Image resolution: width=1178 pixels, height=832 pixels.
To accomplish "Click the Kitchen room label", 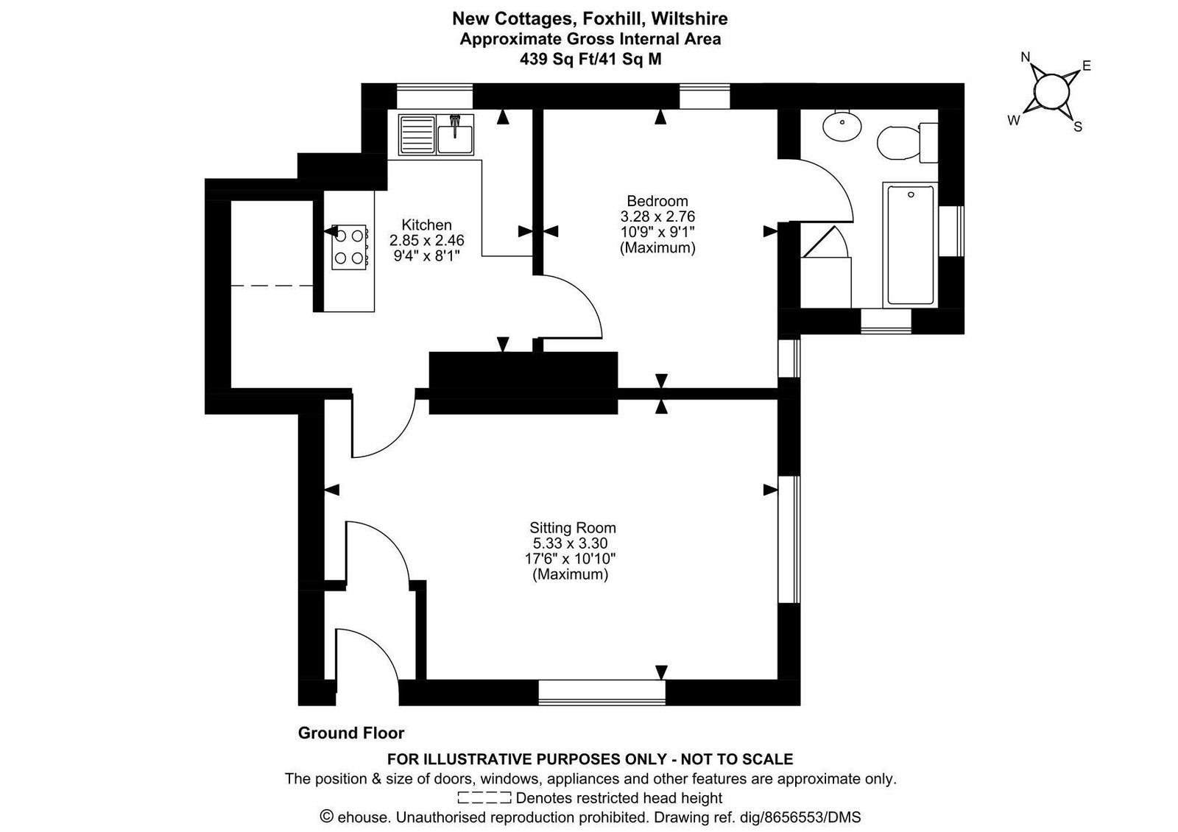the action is point(426,225).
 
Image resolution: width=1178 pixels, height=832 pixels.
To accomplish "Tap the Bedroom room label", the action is point(657,201).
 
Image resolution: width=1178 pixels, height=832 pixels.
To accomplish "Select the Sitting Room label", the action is point(573,527).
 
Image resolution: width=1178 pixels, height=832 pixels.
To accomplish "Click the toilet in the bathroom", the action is point(907,143).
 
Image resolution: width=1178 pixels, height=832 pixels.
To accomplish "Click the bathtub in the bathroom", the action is point(910,244).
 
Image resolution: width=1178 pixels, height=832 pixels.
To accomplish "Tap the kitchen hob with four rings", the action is point(349,247).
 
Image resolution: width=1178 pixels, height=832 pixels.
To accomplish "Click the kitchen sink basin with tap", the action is point(455,135).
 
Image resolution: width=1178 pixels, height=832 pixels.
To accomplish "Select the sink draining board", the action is point(417,135).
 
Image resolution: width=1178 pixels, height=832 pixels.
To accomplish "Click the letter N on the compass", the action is point(1025,57).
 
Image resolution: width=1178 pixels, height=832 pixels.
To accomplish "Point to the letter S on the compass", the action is point(1078,127).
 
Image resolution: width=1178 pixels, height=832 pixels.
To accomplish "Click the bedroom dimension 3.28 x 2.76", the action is point(657,216).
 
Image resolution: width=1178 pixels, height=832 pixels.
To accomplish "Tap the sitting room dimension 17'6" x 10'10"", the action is point(570,558).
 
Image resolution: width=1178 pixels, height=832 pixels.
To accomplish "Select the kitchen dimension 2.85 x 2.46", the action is point(426,240).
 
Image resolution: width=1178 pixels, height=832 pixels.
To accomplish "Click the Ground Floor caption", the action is point(350,733).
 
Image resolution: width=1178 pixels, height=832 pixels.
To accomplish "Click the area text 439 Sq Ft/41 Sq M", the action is point(590,60).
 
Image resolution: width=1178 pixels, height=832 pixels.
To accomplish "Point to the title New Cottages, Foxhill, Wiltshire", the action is point(590,18).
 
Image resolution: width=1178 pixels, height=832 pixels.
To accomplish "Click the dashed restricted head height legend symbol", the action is point(484,798).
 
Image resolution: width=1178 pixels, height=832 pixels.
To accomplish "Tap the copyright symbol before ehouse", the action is point(327,817).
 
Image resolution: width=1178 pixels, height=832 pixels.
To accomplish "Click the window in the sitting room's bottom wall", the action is point(602,692).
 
